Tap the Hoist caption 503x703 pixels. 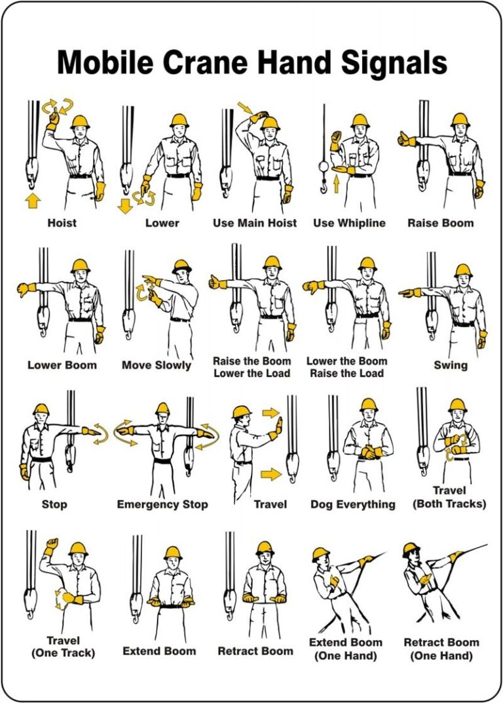click(x=62, y=223)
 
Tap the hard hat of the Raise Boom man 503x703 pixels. click(x=460, y=120)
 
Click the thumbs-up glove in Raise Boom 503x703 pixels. click(x=406, y=139)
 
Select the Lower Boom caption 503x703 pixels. click(x=62, y=365)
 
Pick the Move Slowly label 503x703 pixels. click(x=157, y=365)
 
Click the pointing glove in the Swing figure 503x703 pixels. click(x=410, y=291)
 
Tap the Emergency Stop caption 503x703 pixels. click(x=162, y=504)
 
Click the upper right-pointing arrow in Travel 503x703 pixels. click(x=270, y=413)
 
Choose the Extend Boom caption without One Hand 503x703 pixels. click(x=159, y=651)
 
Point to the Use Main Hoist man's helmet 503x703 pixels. click(x=269, y=123)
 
